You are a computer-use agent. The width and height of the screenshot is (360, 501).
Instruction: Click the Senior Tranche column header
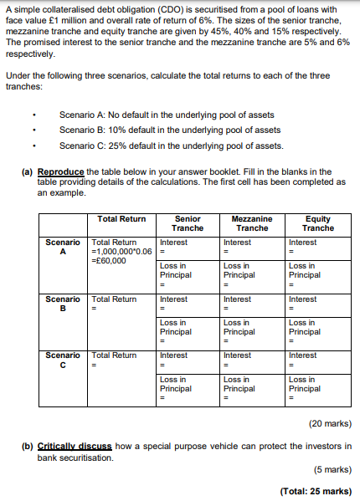(x=188, y=223)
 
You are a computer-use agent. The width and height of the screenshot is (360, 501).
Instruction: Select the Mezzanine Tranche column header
(x=252, y=223)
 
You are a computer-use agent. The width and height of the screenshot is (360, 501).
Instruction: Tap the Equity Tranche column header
(x=317, y=223)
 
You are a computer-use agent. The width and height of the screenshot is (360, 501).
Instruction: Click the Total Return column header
(x=121, y=219)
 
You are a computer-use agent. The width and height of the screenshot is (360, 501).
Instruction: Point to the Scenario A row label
(x=63, y=247)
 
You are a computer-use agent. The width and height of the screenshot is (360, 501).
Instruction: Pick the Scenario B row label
(x=63, y=304)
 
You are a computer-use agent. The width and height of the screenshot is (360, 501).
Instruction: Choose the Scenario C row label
(x=63, y=360)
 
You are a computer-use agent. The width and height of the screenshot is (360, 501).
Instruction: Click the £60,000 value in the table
(x=108, y=260)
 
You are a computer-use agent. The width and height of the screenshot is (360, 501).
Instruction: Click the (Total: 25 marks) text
(x=316, y=491)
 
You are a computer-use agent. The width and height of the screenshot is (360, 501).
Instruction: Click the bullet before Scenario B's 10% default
(x=33, y=130)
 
